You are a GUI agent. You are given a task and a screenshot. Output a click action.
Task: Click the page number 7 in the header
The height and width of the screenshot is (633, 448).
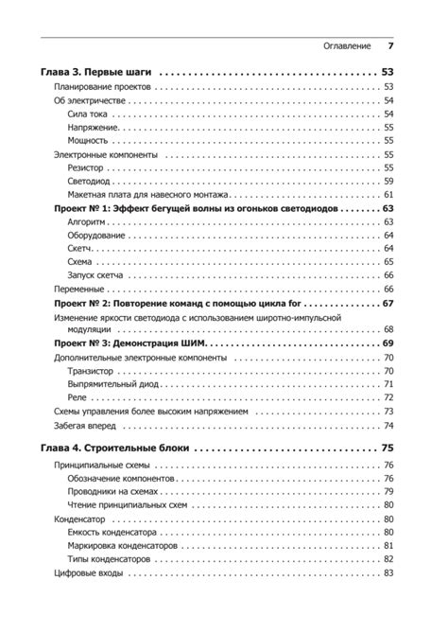[x=390, y=44]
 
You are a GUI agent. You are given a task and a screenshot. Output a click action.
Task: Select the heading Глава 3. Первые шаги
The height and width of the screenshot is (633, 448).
[x=98, y=72]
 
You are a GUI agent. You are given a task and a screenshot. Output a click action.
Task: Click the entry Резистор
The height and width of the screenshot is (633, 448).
[x=87, y=167]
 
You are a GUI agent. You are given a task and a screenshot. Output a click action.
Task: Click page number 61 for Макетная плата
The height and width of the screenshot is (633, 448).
[x=388, y=194]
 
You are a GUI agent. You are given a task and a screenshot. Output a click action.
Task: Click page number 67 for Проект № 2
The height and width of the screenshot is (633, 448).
[x=388, y=303]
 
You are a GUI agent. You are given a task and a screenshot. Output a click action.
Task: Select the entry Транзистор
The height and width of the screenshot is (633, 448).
[x=95, y=371]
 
